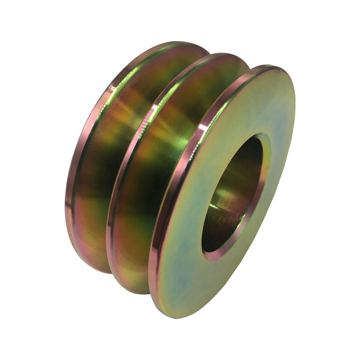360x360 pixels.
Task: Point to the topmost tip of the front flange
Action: [270, 66]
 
